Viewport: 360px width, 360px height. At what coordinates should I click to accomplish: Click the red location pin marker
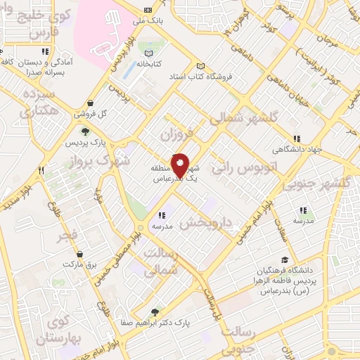click(x=180, y=166)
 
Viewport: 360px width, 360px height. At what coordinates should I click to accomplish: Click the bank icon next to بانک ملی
click(x=148, y=10)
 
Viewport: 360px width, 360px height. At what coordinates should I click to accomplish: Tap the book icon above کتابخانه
click(x=148, y=53)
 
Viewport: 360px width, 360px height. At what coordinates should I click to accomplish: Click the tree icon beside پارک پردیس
click(x=84, y=131)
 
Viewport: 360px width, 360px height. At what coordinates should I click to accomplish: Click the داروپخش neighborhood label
click(x=205, y=223)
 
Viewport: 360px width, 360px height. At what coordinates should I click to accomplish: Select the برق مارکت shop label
click(x=79, y=265)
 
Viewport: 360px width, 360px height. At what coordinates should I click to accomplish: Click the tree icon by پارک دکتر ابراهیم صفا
click(x=155, y=312)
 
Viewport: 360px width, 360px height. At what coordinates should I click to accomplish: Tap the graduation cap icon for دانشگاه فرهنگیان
click(x=284, y=259)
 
